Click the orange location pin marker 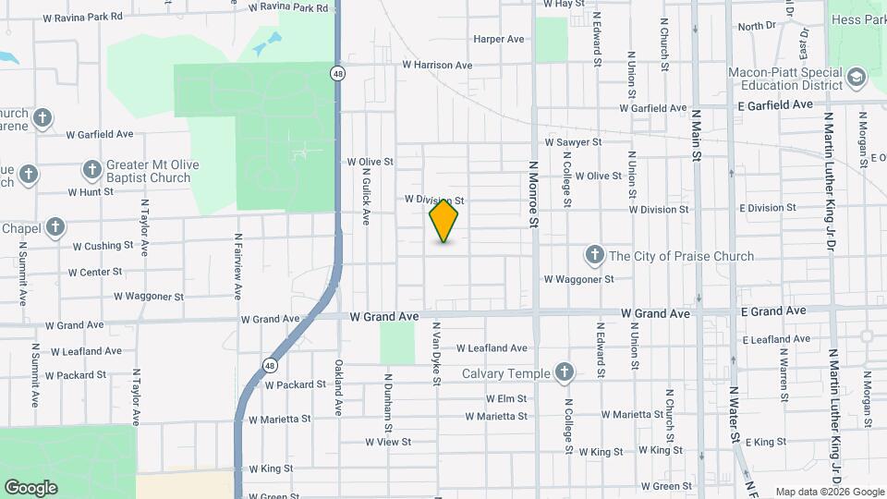(443, 220)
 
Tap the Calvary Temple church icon (565, 373)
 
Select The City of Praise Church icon (595, 255)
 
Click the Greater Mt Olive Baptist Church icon (91, 169)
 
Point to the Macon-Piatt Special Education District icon (856, 78)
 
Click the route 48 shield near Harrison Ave (340, 73)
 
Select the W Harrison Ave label (437, 66)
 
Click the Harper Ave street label (499, 39)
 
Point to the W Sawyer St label (573, 142)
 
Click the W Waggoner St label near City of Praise (578, 278)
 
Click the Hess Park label (858, 19)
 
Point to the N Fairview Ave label (237, 266)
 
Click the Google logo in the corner (30, 487)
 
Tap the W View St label (387, 442)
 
